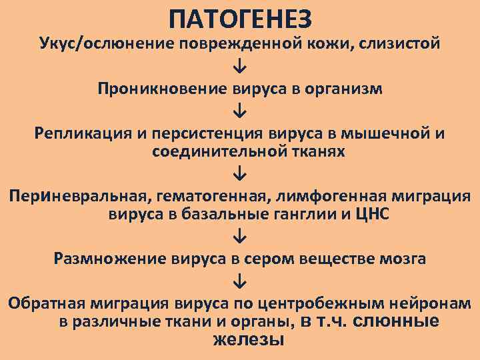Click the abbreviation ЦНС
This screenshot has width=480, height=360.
click(373, 215)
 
